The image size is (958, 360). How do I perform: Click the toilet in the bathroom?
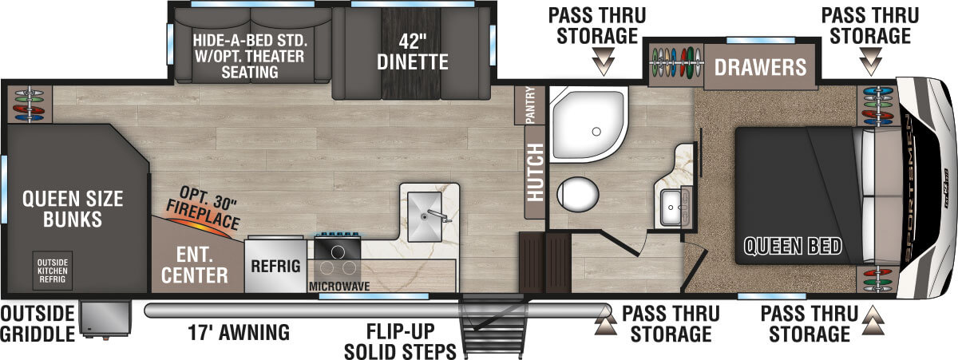click(x=577, y=195)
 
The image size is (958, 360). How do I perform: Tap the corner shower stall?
click(x=588, y=125)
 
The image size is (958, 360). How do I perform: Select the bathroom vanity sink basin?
click(x=671, y=208)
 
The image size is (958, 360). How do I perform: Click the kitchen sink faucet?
click(x=439, y=216)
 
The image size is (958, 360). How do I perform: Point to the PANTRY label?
click(x=530, y=105)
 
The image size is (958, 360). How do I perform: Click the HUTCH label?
click(x=535, y=172)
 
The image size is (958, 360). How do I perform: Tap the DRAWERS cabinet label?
click(x=760, y=67)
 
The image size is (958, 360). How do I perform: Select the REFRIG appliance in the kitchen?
click(x=275, y=266)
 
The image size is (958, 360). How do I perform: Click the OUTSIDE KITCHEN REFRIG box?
click(x=52, y=271)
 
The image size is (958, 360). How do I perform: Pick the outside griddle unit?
click(x=105, y=318)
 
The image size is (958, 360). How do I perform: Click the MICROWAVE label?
click(x=339, y=286)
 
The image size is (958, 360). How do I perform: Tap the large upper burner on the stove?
click(x=338, y=252)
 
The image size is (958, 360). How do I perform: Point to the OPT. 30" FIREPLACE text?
click(x=204, y=208)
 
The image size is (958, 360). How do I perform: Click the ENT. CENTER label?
click(x=195, y=265)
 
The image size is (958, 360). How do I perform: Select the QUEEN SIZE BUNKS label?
click(x=73, y=209)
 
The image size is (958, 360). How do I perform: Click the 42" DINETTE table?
click(x=411, y=53)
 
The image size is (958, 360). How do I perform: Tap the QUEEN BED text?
click(x=793, y=247)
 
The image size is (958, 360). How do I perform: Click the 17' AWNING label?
click(x=239, y=332)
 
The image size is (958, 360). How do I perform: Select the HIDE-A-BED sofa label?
click(x=250, y=56)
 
